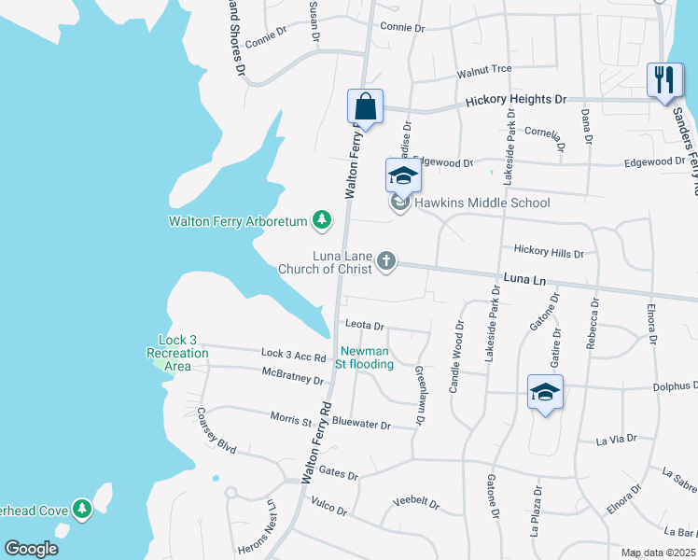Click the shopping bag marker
366,107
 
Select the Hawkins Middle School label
482,203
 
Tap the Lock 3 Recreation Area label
176,353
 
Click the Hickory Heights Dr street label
515,99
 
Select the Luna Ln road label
523,279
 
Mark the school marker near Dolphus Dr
545,392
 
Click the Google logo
31,549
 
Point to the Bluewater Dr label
361,425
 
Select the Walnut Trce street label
484,71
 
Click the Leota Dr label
365,325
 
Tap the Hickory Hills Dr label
549,253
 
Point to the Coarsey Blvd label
216,429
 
